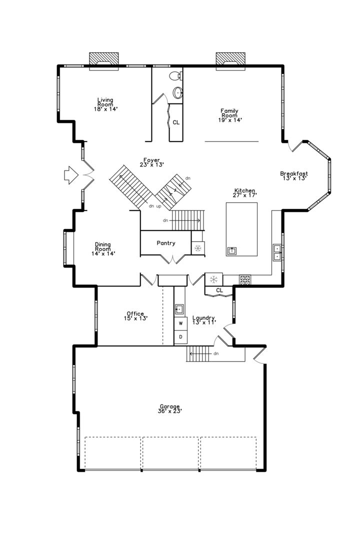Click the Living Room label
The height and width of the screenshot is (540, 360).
click(x=105, y=104)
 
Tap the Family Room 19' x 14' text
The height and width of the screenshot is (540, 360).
click(x=230, y=115)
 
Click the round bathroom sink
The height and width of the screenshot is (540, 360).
click(x=178, y=92)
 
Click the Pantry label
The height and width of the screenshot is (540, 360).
click(x=166, y=243)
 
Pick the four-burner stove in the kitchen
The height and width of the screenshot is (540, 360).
click(x=245, y=280)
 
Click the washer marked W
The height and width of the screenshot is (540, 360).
click(x=180, y=323)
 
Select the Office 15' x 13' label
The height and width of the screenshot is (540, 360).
click(x=135, y=316)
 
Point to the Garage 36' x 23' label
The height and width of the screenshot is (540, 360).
click(x=170, y=408)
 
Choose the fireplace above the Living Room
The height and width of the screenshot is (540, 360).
click(x=103, y=60)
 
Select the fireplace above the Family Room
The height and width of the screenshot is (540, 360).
click(x=230, y=60)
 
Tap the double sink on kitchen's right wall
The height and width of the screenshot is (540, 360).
click(x=277, y=252)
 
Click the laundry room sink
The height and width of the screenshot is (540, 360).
click(x=179, y=309)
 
